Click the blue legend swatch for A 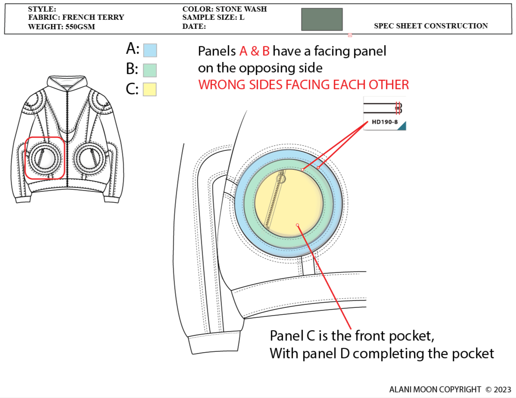point(150,50)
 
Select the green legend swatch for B point(150,70)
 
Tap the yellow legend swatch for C point(150,89)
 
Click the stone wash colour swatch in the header point(322,19)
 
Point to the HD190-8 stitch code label point(385,122)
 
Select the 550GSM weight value point(80,27)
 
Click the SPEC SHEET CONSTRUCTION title point(431,26)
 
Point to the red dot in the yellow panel point(297,225)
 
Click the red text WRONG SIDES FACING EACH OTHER point(303,85)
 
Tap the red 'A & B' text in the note point(254,51)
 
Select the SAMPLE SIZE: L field point(213,18)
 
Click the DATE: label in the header point(194,27)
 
